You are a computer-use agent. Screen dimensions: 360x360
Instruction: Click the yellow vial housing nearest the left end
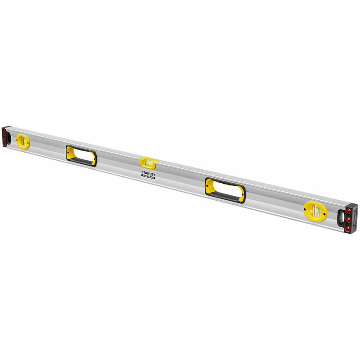pos(22,142)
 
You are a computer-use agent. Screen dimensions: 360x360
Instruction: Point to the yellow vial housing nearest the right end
pos(315,210)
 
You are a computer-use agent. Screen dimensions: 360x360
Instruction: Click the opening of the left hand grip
pos(81,155)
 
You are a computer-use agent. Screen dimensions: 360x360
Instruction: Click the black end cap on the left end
pos(5,136)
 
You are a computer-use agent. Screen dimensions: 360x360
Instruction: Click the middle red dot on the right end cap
pos(349,220)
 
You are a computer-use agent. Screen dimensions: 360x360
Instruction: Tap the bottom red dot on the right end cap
pos(347,229)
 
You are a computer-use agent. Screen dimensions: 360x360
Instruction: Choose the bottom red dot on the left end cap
pos(5,143)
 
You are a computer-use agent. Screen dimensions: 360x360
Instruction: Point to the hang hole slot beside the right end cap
pos(341,218)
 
